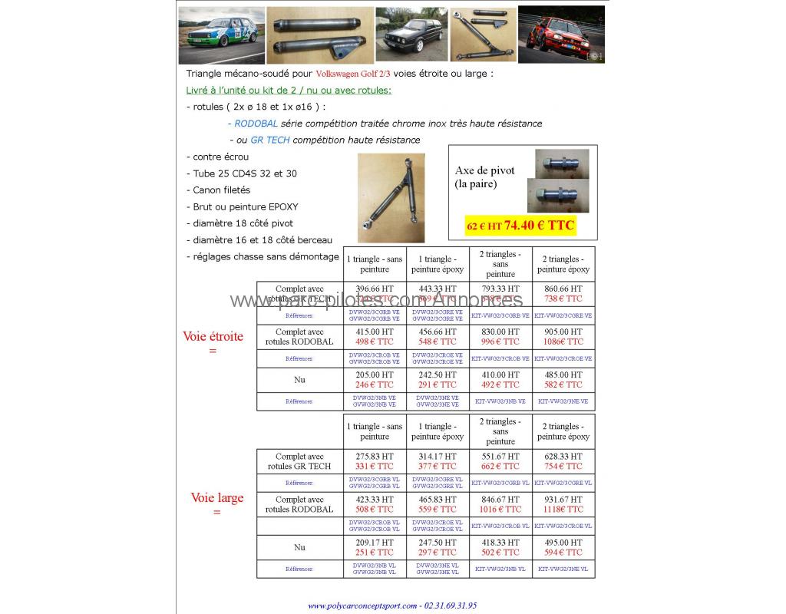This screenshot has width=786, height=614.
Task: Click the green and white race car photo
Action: click(x=221, y=35)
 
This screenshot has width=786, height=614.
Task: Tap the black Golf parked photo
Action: click(x=411, y=35)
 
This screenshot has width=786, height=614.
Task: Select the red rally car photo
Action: click(x=561, y=35)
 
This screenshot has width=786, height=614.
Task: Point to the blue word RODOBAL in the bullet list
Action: click(x=256, y=124)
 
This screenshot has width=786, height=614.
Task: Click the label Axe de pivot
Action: click(x=485, y=170)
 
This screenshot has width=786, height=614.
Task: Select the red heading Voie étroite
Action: click(x=213, y=336)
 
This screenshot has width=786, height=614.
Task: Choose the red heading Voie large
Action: click(x=216, y=497)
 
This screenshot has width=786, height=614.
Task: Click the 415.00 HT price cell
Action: click(x=375, y=332)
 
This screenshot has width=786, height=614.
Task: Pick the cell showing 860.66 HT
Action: click(x=563, y=289)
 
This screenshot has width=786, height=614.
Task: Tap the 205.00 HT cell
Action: click(x=375, y=375)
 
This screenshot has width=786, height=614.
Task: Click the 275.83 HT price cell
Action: click(x=375, y=456)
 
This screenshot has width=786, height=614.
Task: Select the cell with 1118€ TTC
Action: click(x=563, y=509)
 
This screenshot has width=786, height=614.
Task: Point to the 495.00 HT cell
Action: click(x=563, y=542)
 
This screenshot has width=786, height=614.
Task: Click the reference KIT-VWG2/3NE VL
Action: click(x=563, y=569)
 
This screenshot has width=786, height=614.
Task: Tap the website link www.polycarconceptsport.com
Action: click(x=362, y=606)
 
